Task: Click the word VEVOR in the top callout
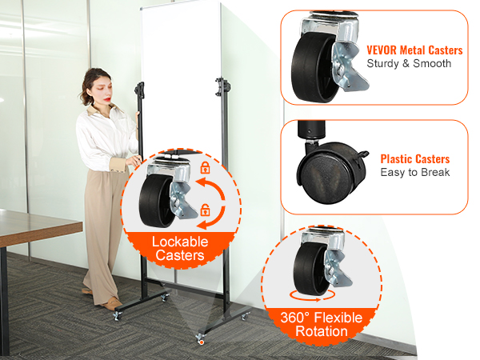click(x=382, y=50)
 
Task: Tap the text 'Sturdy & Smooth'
click(x=409, y=63)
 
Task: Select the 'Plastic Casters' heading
click(x=414, y=159)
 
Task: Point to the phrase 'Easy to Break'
click(x=415, y=172)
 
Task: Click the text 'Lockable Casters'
click(x=180, y=248)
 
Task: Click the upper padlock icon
click(x=205, y=168)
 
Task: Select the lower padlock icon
click(x=205, y=210)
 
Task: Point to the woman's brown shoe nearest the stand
click(x=112, y=304)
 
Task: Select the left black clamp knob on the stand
click(x=139, y=90)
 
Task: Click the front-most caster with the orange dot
click(x=201, y=339)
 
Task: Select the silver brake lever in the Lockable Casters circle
click(x=182, y=201)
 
